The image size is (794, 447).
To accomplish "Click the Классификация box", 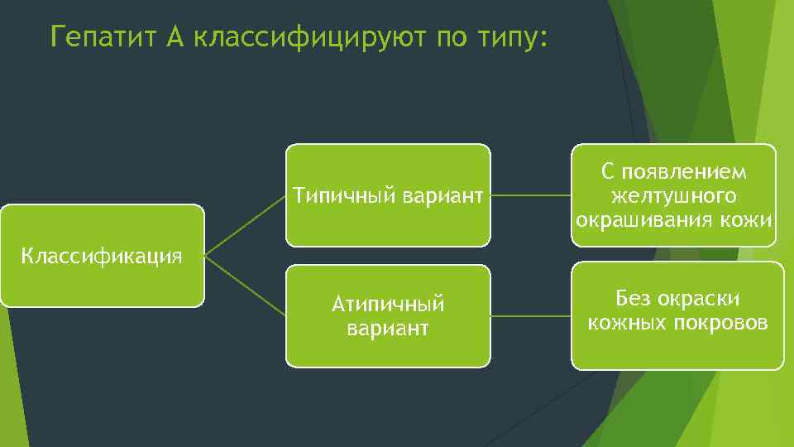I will point(102,256).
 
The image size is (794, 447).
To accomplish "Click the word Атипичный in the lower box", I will point(388,305).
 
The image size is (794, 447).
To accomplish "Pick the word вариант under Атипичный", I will point(388,328).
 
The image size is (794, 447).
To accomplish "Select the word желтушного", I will point(673,196).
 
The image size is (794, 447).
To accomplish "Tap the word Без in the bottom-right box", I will point(634,298).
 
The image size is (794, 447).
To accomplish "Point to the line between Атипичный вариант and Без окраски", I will point(530,315).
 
